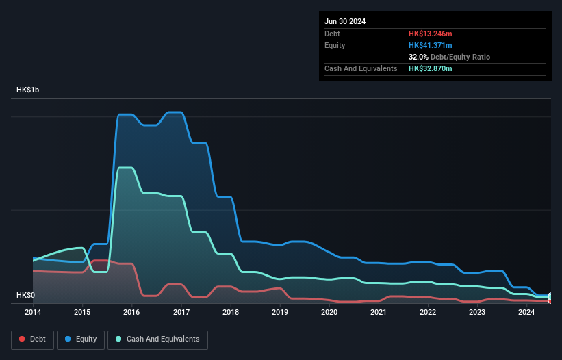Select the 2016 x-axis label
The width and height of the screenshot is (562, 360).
pyautogui.click(x=131, y=313)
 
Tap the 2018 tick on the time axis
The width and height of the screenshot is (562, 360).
pyautogui.click(x=231, y=313)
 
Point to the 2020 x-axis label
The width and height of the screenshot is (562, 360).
pyautogui.click(x=329, y=313)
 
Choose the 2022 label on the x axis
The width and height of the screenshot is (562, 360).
pyautogui.click(x=428, y=313)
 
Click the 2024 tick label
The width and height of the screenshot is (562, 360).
pyautogui.click(x=526, y=313)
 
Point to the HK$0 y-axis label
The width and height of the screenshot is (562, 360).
pyautogui.click(x=25, y=296)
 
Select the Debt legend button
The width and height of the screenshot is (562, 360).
pyautogui.click(x=31, y=339)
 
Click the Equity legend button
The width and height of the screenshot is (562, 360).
pyautogui.click(x=81, y=339)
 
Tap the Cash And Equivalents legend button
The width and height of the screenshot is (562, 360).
pyautogui.click(x=157, y=339)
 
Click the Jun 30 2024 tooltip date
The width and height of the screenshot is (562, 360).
pyautogui.click(x=345, y=21)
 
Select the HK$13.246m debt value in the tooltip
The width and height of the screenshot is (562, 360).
pyautogui.click(x=431, y=34)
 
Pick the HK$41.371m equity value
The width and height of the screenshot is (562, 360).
pyautogui.click(x=431, y=45)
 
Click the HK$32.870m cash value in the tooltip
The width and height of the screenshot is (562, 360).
pyautogui.click(x=431, y=68)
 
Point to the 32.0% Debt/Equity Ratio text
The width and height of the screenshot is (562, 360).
pyautogui.click(x=449, y=57)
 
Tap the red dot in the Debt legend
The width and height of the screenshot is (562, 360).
pyautogui.click(x=23, y=339)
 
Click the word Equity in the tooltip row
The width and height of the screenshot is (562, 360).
pyautogui.click(x=335, y=45)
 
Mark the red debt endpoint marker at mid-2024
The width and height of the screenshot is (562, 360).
pyautogui.click(x=550, y=300)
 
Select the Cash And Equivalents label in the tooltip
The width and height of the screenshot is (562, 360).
pyautogui.click(x=361, y=68)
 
